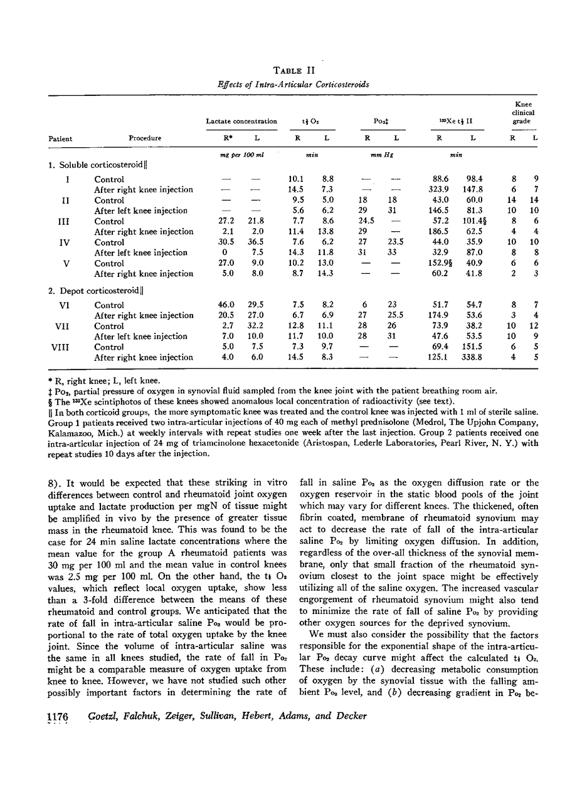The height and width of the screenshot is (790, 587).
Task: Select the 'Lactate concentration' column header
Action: (241, 122)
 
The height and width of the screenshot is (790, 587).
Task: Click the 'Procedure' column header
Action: (145, 138)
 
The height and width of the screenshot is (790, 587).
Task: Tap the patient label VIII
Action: (66, 347)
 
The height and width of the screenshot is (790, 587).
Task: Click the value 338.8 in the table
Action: (472, 358)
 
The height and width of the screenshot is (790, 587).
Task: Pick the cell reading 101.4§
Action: (474, 221)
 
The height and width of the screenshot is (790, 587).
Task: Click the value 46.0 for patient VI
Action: (226, 305)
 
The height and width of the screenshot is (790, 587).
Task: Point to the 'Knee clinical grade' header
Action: (523, 113)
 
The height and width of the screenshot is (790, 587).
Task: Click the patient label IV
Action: (66, 242)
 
